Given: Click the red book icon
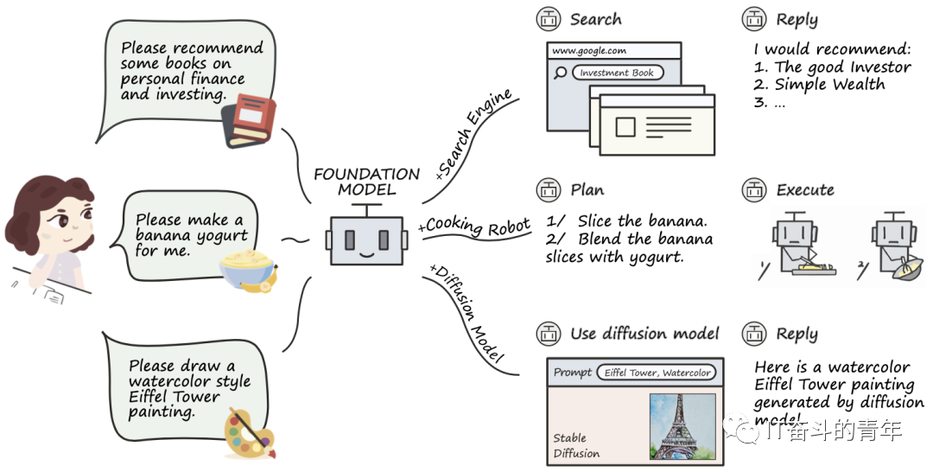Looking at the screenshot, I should [249, 121].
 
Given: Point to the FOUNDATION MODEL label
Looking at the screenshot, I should [366, 182].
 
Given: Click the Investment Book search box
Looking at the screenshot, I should [617, 73].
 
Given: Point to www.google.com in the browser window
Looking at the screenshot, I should [589, 51].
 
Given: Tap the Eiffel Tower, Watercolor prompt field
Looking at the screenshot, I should [657, 373].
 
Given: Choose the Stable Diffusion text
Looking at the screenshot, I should [576, 445].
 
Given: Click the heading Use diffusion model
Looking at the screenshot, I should [644, 334].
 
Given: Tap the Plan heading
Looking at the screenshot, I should [587, 190].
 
